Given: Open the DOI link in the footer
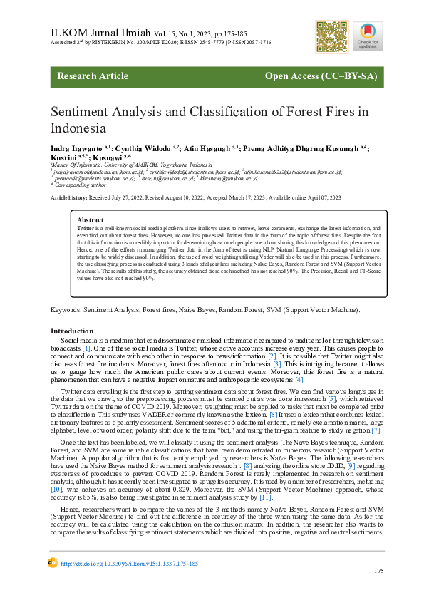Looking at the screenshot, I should coord(130,563).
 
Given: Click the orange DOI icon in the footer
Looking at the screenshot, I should coord(52,562).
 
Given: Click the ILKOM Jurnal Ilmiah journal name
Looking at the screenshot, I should coord(99,33).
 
